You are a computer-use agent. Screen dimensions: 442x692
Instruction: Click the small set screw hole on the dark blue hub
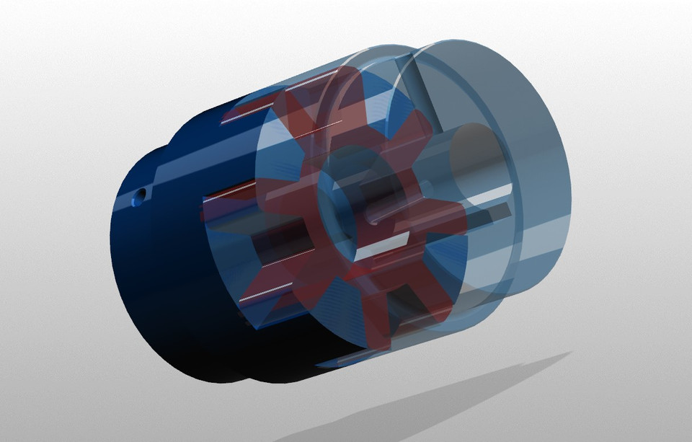[143, 193]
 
